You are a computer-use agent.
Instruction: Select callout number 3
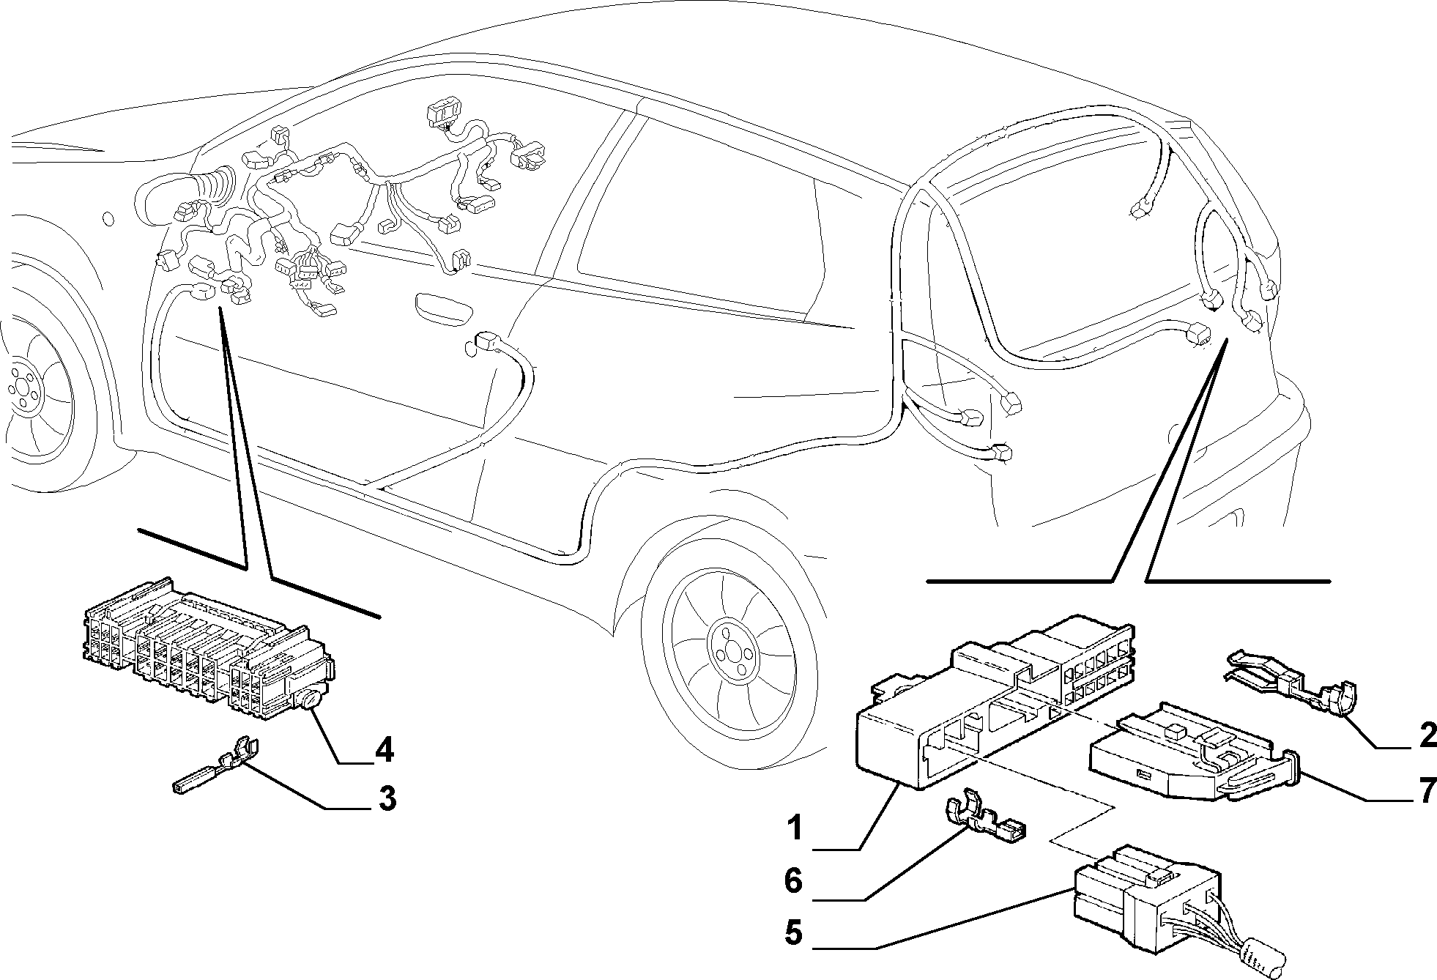click(387, 798)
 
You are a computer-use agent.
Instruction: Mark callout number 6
click(794, 881)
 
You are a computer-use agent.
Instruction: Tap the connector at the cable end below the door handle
click(487, 341)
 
